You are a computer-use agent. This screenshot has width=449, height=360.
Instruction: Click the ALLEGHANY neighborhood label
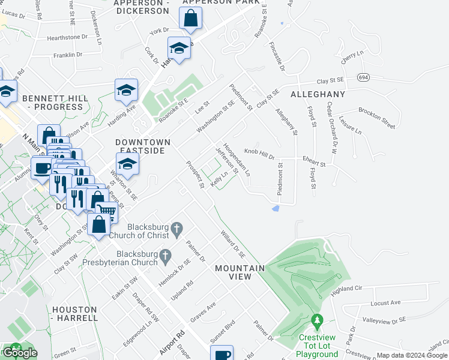tap(318, 94)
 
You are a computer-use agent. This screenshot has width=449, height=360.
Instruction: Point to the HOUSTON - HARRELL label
tap(74, 313)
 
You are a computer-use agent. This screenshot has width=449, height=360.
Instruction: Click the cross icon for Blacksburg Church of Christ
tap(176, 228)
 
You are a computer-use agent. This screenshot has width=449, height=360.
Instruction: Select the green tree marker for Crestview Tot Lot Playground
tap(318, 323)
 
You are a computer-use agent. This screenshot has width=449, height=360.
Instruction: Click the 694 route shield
tap(363, 77)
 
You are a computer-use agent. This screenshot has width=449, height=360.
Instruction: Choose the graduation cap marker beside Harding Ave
tap(126, 90)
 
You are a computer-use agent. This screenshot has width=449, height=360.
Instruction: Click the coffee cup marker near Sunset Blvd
tap(223, 354)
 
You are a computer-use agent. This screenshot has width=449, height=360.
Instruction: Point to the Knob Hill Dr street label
tap(259, 154)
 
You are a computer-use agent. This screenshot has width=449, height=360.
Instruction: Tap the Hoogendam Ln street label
tap(237, 158)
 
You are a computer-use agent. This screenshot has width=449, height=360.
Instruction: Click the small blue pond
tap(275, 208)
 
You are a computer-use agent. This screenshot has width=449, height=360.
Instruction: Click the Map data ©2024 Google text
tap(412, 355)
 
